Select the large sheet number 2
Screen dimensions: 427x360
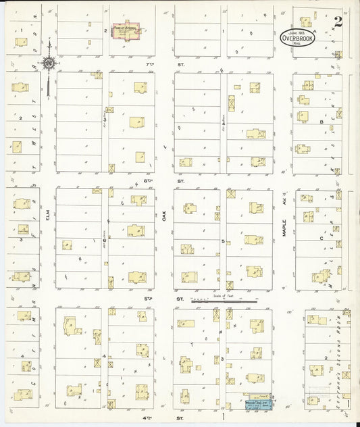click(336, 22)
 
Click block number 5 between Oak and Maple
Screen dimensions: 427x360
click(223, 240)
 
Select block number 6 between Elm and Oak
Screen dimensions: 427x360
click(105, 240)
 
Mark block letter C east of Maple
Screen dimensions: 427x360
click(322, 238)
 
